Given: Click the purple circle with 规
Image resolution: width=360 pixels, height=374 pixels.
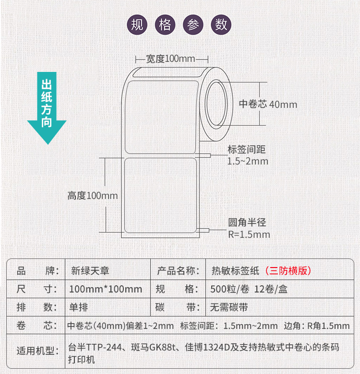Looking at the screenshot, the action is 137,25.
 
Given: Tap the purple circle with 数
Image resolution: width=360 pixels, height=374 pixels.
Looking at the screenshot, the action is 221,25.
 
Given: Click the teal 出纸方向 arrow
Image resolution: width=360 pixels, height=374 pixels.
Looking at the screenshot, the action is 47,108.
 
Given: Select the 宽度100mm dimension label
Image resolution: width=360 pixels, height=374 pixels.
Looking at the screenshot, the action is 170,58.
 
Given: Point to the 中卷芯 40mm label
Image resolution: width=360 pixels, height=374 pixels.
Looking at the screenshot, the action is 268,104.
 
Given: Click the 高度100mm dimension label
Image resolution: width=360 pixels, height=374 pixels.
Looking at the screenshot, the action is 93,196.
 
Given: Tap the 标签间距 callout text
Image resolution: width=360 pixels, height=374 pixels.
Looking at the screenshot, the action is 247,150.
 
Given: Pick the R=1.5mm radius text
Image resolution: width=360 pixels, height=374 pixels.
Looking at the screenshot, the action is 249,234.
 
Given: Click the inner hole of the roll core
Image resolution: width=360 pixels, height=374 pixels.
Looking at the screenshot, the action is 216,104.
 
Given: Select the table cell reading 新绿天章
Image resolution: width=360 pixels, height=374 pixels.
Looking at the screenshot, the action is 90,271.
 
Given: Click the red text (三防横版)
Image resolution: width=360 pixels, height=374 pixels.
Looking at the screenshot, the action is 288,271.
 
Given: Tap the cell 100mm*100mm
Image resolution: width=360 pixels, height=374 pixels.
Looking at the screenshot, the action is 106,289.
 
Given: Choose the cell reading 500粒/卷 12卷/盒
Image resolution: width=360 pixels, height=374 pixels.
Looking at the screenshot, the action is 249,289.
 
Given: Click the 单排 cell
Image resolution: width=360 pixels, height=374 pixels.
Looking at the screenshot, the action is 79,307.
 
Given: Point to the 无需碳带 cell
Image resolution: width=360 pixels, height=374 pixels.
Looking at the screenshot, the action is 229,307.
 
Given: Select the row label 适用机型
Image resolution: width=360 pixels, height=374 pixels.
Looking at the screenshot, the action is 37,351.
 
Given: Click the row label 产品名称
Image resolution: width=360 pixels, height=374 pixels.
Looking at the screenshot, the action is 178,271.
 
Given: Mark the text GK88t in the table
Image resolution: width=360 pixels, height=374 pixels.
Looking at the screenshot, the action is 162,347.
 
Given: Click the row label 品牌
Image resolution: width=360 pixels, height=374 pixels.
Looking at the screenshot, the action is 37,271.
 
